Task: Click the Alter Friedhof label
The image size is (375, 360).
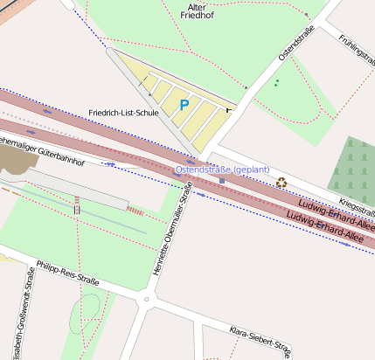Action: coord(191,10)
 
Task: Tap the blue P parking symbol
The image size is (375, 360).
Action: coord(184,105)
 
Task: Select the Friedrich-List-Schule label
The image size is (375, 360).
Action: coord(124,113)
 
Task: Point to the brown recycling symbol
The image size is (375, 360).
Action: coord(281,183)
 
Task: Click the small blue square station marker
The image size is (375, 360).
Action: coord(222,181)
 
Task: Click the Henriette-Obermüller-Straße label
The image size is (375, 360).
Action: coord(172,235)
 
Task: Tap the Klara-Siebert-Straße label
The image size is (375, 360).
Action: coord(259,340)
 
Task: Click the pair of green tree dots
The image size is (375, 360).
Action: coord(277,82)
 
